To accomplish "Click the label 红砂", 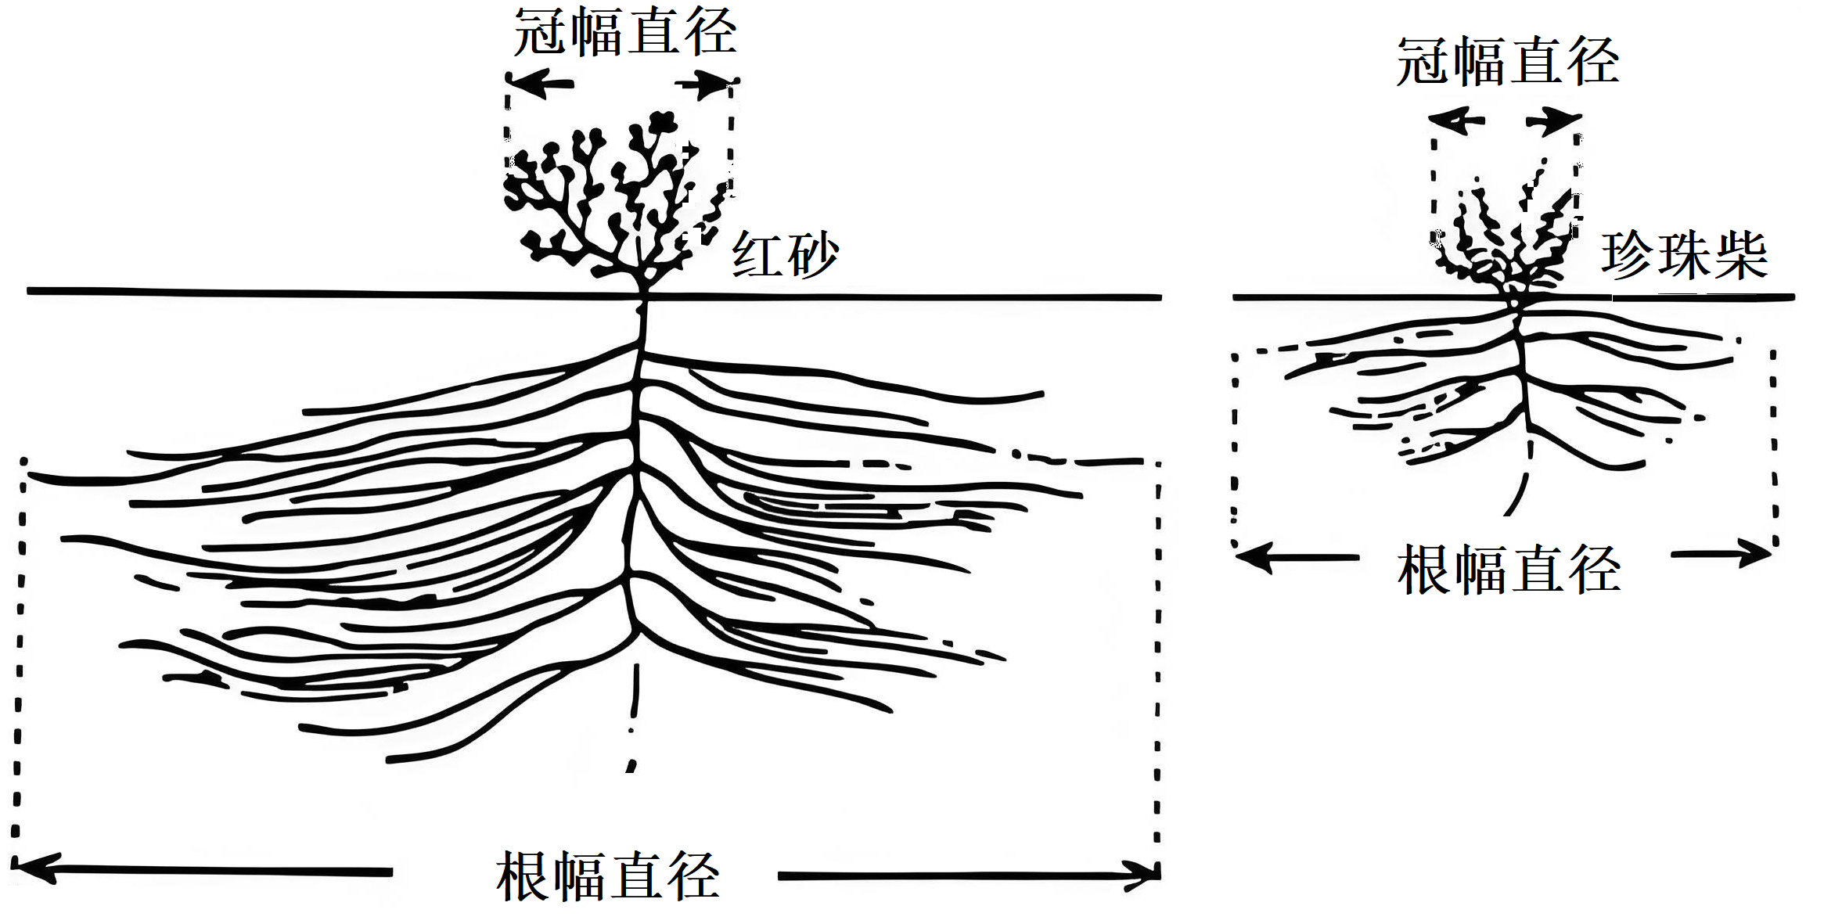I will pyautogui.click(x=785, y=254).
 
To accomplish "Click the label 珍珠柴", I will pyautogui.click(x=1684, y=255).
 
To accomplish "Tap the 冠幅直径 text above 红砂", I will pyautogui.click(x=624, y=33).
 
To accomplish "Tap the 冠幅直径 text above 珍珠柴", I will pyautogui.click(x=1508, y=62).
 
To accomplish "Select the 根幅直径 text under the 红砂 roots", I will pyautogui.click(x=607, y=876).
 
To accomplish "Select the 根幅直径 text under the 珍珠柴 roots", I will pyautogui.click(x=1509, y=570).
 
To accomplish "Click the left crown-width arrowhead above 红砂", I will pyautogui.click(x=523, y=83).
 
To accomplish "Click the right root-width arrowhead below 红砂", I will pyautogui.click(x=1146, y=875).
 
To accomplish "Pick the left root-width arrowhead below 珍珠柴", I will pyautogui.click(x=1250, y=557).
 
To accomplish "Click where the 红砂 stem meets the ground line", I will pyautogui.click(x=644, y=296).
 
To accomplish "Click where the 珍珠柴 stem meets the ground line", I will pyautogui.click(x=1518, y=298).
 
